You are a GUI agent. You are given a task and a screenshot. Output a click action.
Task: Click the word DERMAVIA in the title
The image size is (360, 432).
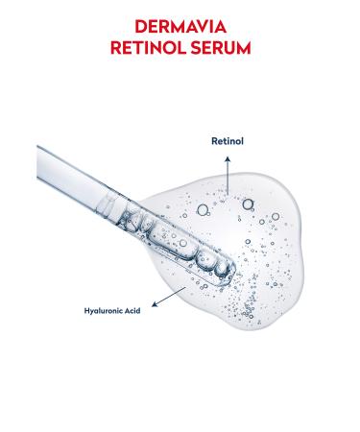click(180, 26)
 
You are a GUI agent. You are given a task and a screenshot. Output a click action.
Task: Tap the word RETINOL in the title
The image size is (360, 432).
click(144, 45)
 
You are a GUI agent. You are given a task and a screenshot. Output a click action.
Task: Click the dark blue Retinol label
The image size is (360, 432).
click(228, 140)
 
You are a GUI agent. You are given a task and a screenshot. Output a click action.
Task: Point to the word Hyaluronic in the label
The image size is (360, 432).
click(105, 311)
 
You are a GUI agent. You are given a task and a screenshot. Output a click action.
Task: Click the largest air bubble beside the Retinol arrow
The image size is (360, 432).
click(249, 204)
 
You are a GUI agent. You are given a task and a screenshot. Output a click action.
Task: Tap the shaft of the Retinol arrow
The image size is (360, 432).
click(228, 178)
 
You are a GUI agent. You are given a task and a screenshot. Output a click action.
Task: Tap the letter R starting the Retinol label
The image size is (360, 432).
click(214, 140)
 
